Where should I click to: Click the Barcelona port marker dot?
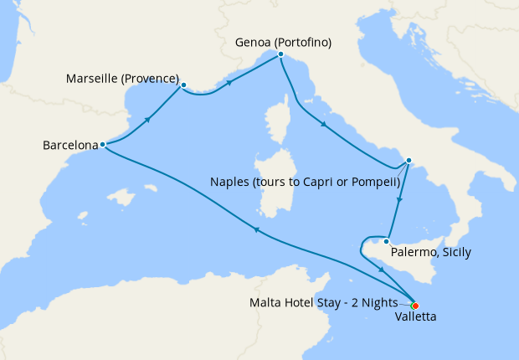[102, 144]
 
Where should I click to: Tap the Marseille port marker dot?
[183, 84]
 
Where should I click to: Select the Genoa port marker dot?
[280, 54]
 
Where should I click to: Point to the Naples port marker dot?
[409, 160]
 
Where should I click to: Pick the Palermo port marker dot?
[386, 242]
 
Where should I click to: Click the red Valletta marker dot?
[415, 306]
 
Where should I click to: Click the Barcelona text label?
[69, 145]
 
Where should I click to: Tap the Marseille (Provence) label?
[122, 80]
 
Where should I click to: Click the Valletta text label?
[415, 317]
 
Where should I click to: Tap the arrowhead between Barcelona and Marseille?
[148, 120]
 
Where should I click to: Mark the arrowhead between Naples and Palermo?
[401, 201]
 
